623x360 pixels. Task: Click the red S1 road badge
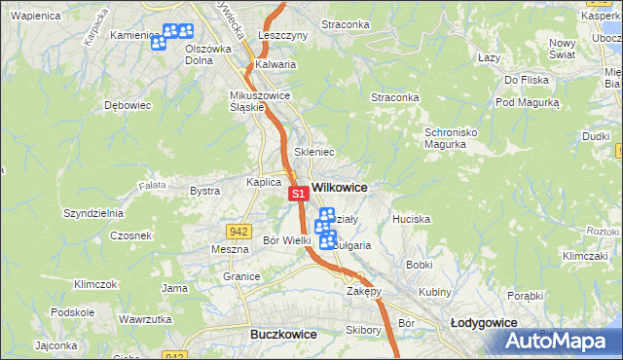click(300, 196)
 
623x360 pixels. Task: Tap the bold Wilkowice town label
click(339, 186)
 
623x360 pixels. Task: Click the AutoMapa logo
click(558, 342)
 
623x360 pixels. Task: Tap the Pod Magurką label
click(527, 102)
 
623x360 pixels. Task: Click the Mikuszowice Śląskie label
click(260, 101)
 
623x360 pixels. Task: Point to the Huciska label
click(411, 220)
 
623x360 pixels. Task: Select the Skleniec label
click(314, 153)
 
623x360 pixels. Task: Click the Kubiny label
click(435, 292)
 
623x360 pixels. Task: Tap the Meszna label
click(231, 249)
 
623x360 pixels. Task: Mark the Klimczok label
click(95, 284)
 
